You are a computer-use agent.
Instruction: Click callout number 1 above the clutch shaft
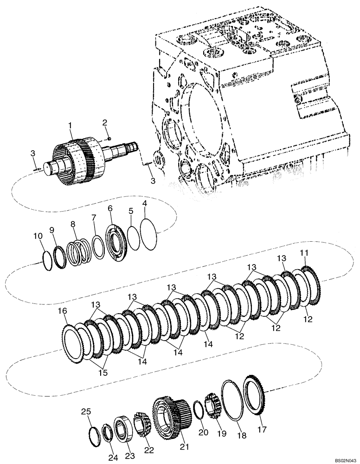click(70, 125)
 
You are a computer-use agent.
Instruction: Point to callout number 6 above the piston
click(110, 209)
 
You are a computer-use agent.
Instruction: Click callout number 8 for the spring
click(72, 224)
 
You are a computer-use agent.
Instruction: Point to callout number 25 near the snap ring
click(85, 411)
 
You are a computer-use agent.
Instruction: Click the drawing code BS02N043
click(341, 459)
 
